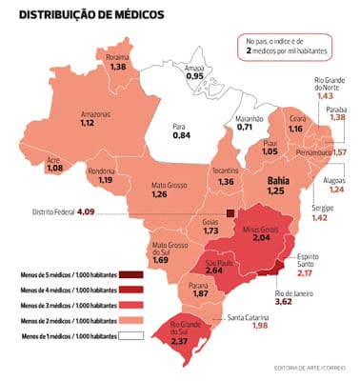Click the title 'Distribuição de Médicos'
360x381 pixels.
coord(90,15)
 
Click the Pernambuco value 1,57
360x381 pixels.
coord(338,152)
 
